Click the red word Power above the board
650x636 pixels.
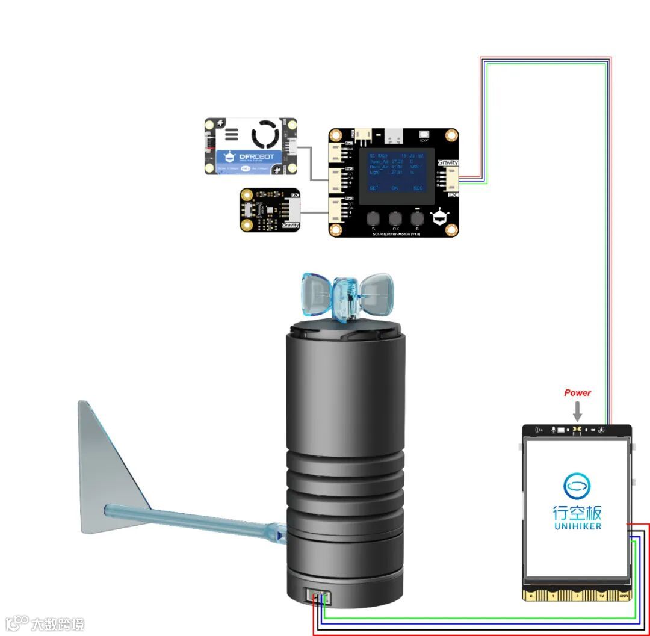[x=577, y=393]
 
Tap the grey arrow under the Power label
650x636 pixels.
[x=577, y=412]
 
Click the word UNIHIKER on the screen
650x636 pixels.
[x=577, y=526]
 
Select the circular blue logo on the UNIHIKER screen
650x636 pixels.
[x=577, y=486]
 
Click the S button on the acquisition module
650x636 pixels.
[x=373, y=218]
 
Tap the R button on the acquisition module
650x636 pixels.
[x=417, y=218]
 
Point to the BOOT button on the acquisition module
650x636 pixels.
[x=424, y=136]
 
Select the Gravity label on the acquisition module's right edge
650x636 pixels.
[x=448, y=163]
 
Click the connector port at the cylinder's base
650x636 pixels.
[x=317, y=597]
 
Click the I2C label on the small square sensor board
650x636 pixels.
[x=294, y=194]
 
